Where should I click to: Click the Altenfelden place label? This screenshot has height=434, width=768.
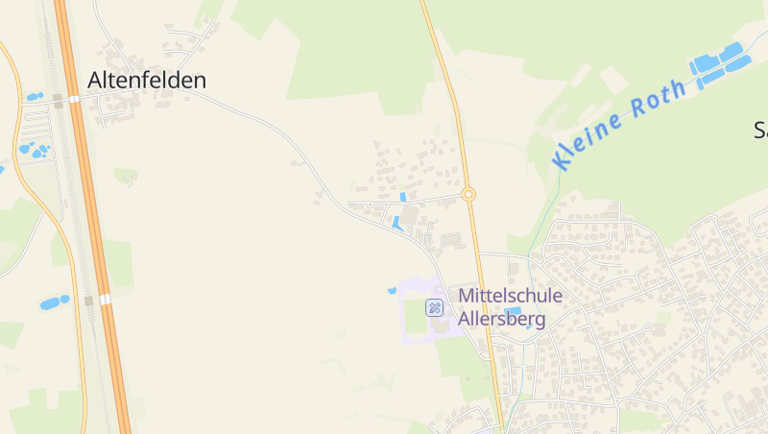(x=147, y=81)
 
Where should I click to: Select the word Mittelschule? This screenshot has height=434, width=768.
(x=510, y=297)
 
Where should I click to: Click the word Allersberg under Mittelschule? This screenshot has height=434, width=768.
(x=502, y=319)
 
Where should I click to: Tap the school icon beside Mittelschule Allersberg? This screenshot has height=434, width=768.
(x=434, y=307)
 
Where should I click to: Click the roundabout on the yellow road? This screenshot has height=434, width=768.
(x=468, y=195)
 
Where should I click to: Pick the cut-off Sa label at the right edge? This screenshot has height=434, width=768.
(x=760, y=130)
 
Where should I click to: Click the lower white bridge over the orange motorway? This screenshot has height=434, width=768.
(x=105, y=300)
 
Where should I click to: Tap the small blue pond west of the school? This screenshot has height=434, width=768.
(x=392, y=290)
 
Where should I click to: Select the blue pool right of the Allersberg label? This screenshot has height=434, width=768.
(x=514, y=311)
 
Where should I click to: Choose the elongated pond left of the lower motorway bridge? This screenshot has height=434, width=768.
(x=54, y=302)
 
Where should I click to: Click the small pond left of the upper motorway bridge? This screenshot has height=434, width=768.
(x=35, y=97)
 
